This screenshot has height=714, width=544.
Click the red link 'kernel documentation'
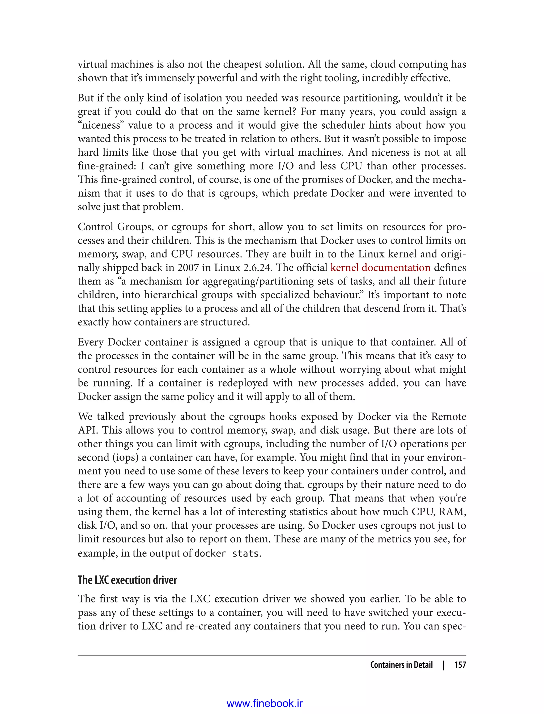coord(380,268)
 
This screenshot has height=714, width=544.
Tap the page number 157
coord(460,665)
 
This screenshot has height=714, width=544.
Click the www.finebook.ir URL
coord(265,703)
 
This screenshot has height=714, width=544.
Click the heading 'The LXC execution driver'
coord(127,580)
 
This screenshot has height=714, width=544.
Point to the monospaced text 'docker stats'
coord(227,553)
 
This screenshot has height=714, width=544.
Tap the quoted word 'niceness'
coord(101,125)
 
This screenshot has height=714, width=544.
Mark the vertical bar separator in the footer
coord(444,665)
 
